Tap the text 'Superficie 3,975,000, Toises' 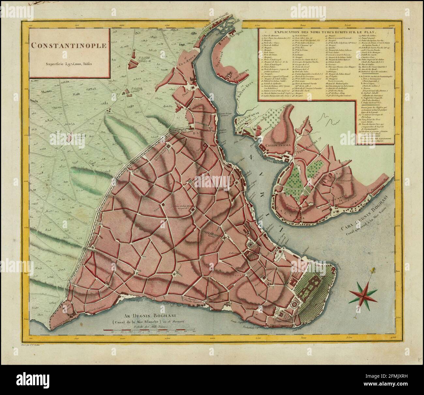[x=69, y=64]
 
